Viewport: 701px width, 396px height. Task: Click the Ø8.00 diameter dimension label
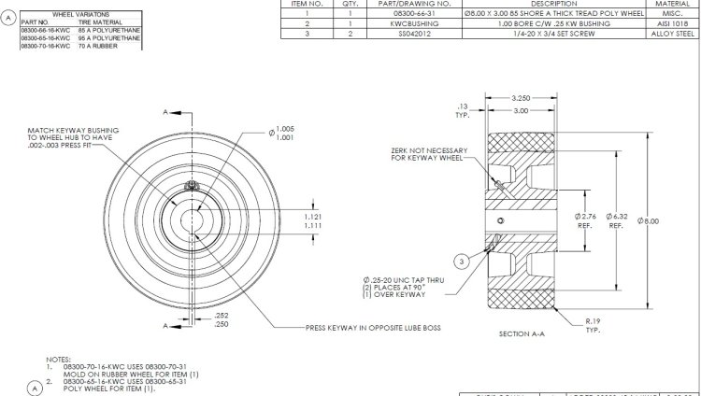[649, 220]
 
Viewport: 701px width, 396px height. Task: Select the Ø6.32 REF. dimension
[616, 220]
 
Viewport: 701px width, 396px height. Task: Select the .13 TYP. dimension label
[463, 109]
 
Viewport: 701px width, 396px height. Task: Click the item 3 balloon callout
[461, 260]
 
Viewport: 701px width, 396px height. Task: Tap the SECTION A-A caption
[522, 333]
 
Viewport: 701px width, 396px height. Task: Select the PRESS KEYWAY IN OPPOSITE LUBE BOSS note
[373, 328]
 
